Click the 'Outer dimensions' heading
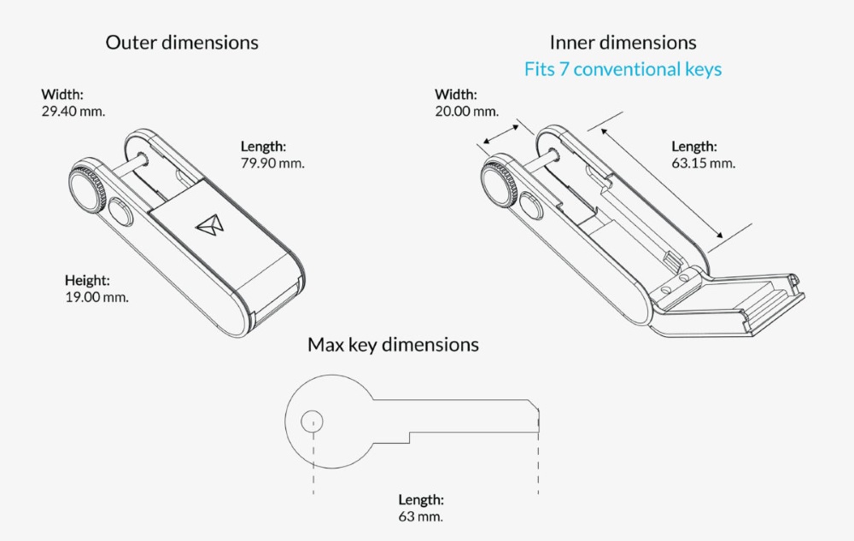182,42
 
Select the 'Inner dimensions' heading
623,42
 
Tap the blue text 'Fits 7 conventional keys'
623,69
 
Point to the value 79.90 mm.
273,162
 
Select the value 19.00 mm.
97,297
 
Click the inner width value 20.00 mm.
466,112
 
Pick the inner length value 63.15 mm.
703,162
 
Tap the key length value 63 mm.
420,516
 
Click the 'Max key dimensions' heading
393,345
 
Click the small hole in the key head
313,420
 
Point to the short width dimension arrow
500,136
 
